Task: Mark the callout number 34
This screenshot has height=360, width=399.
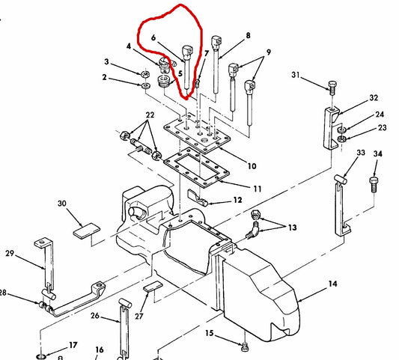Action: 377,154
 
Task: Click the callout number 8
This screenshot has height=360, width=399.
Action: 248,35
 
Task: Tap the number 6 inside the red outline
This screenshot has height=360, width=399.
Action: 153,35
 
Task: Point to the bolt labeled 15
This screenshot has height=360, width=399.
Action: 245,346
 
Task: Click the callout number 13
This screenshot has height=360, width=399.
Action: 290,228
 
